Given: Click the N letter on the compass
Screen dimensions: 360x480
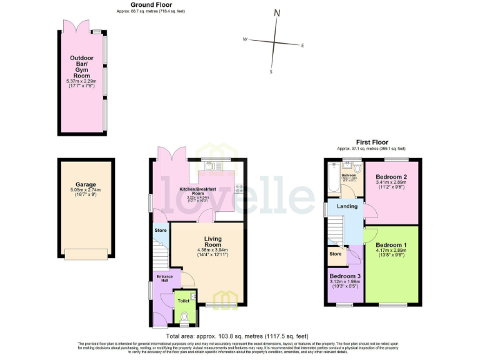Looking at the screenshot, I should [x=277, y=13].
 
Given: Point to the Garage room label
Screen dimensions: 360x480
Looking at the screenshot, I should [x=86, y=185].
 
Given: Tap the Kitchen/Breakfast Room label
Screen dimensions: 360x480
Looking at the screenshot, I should [x=197, y=191].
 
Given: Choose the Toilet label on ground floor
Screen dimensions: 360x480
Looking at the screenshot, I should [x=183, y=301].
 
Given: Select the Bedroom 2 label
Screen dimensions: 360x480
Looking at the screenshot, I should [x=391, y=177].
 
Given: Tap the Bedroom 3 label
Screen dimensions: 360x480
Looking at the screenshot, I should [x=345, y=276].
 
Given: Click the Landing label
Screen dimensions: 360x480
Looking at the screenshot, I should [x=348, y=207].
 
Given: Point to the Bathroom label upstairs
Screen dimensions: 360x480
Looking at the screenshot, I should [x=348, y=176].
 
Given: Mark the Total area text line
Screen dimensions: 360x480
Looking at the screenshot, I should [x=240, y=336].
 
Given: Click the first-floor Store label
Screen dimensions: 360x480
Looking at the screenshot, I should [x=336, y=254].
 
